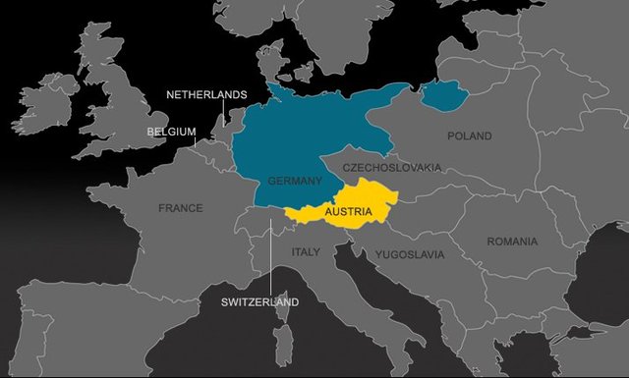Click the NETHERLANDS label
tap(205, 94)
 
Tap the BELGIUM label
tap(171, 131)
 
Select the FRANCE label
tap(180, 208)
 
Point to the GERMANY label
tap(295, 181)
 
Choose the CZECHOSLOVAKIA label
tap(392, 168)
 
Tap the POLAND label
tap(469, 136)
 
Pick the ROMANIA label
tap(512, 242)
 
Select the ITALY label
tap(306, 252)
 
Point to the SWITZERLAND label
tap(259, 302)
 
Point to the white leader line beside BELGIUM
tap(197, 140)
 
